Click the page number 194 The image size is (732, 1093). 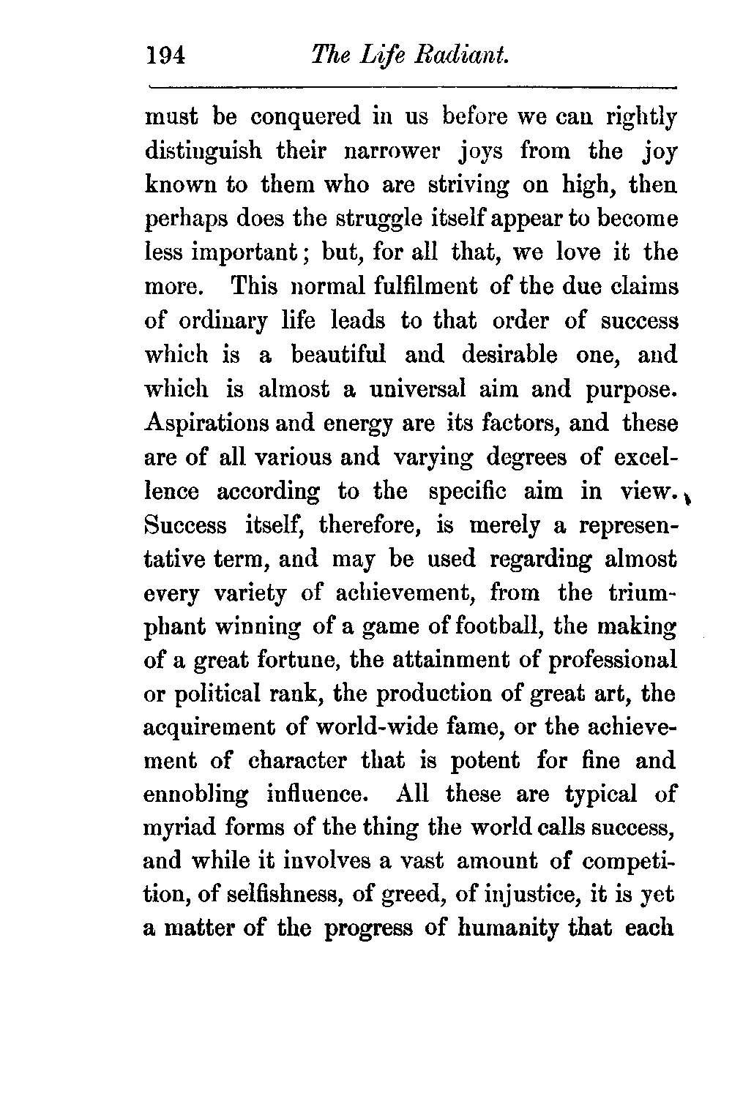pos(168,56)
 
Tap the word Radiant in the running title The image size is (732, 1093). pos(466,55)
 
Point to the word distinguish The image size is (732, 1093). pos(203,151)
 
